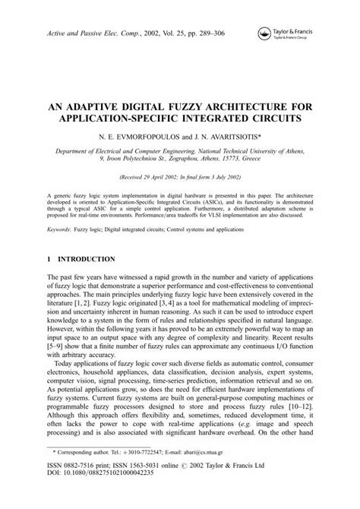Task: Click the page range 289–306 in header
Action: point(216,36)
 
